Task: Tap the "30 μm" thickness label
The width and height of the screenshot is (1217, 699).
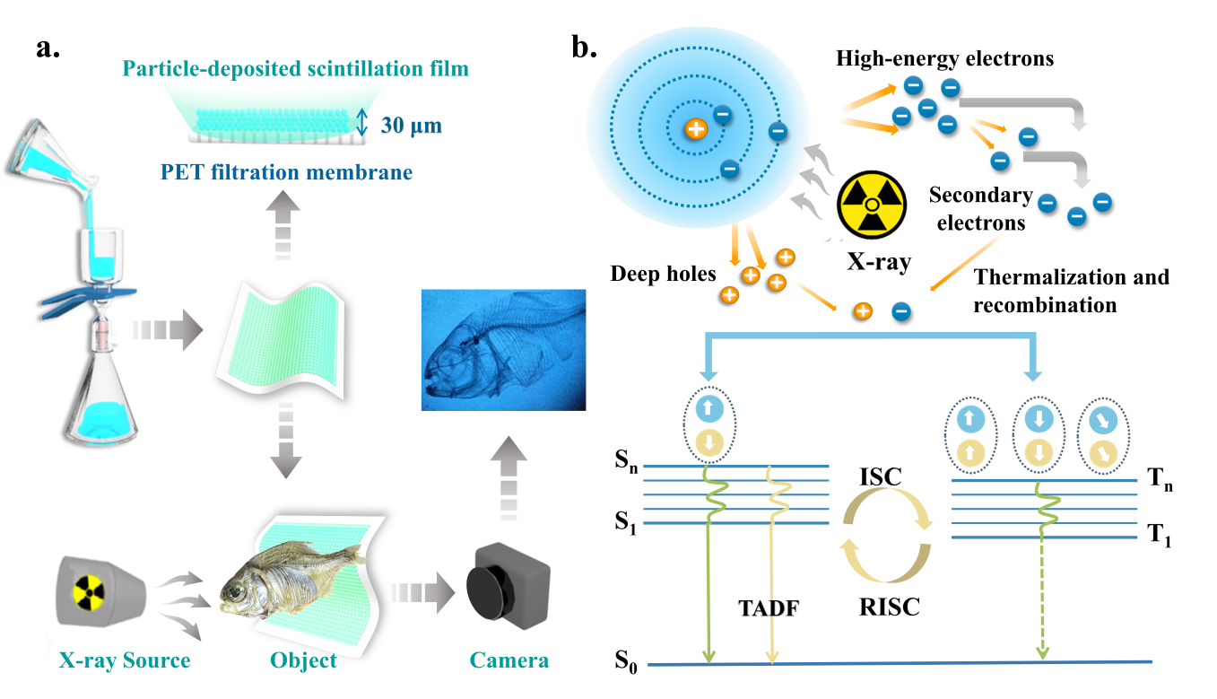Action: pyautogui.click(x=412, y=125)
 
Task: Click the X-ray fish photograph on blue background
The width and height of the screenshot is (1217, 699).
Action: pyautogui.click(x=503, y=349)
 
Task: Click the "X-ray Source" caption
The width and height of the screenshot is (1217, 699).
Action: pyautogui.click(x=125, y=661)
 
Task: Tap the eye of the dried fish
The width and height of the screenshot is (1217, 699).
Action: pyautogui.click(x=236, y=593)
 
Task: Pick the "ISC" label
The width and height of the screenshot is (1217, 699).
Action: pyautogui.click(x=880, y=476)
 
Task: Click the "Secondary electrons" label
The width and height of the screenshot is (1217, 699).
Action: pyautogui.click(x=980, y=209)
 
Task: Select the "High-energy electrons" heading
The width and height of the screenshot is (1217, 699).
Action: pyautogui.click(x=944, y=58)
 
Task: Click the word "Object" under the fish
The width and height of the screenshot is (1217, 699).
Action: pyautogui.click(x=303, y=661)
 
